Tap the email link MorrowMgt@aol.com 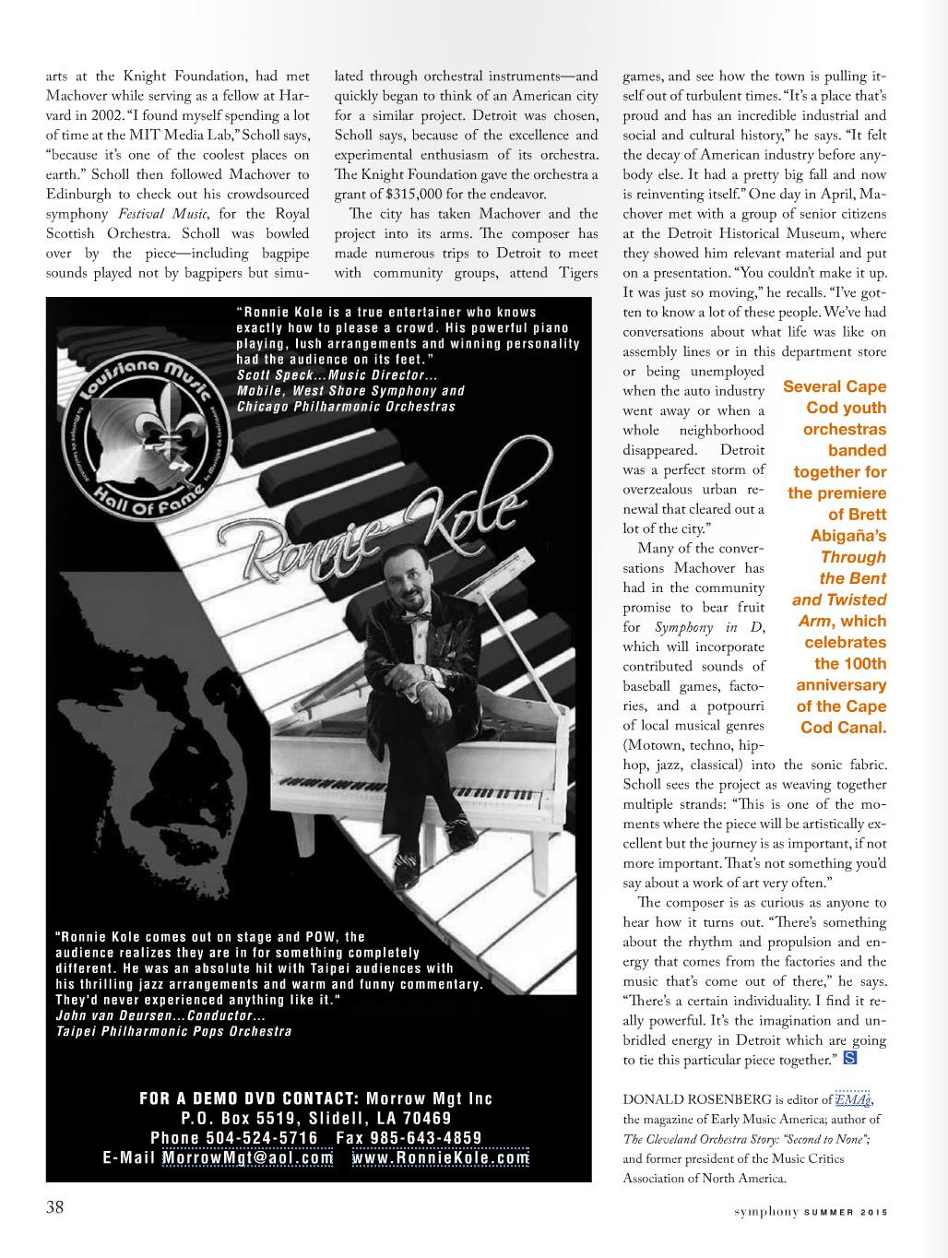point(247,1158)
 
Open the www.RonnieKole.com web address point(441,1158)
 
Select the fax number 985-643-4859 point(423,1138)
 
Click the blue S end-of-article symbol point(850,1058)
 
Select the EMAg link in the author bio point(853,1099)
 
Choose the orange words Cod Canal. point(843,728)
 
